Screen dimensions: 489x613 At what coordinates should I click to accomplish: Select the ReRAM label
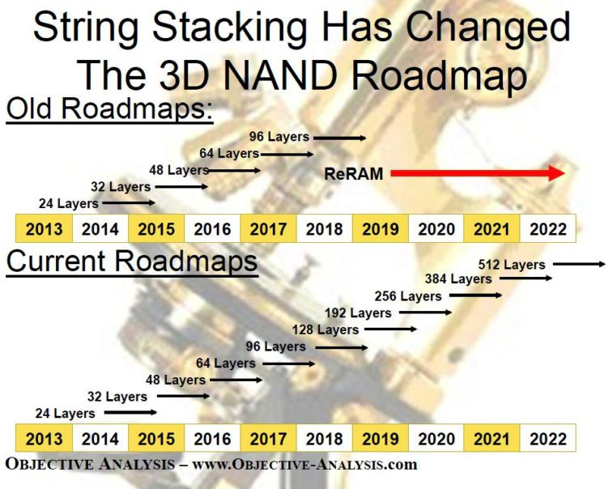pos(353,173)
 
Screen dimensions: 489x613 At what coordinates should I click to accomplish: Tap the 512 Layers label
pos(512,264)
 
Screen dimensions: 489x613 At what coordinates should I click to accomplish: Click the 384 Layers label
pos(458,279)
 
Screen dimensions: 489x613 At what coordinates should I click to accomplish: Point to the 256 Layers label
pos(408,296)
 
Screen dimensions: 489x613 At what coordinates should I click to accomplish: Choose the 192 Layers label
pos(358,313)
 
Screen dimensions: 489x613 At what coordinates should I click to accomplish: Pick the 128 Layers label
pos(326,330)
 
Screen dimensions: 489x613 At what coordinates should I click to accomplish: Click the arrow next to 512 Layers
pos(579,264)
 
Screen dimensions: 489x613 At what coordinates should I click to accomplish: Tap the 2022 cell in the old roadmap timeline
pos(547,229)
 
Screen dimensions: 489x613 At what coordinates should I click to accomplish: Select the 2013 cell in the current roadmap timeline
pos(44,440)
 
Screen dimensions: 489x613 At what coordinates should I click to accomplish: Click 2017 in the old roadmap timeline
pos(268,229)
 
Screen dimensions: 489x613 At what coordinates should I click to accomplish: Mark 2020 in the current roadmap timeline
pos(436,440)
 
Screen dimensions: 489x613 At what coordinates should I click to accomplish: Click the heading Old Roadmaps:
pos(109,110)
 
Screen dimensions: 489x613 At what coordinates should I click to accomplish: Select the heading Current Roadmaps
pos(132,262)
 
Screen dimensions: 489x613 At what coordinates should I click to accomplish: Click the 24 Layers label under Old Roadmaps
pos(68,204)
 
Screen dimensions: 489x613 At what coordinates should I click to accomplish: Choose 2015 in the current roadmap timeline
pos(156,440)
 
